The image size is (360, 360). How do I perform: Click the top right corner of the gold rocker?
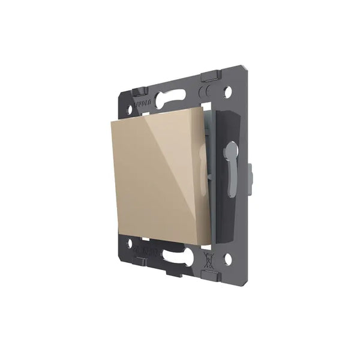tap(199, 110)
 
